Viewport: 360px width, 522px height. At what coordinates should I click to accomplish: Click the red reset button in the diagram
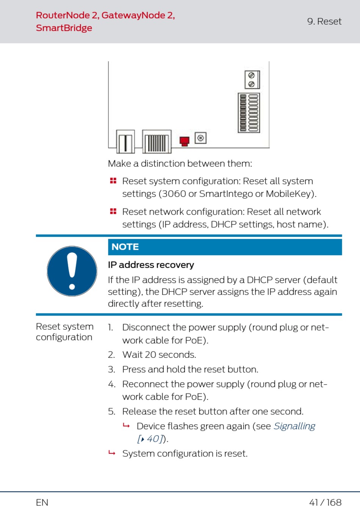184,141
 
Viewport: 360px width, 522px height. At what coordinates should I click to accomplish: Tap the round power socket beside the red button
200,138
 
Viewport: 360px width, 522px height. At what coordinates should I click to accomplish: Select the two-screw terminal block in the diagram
252,80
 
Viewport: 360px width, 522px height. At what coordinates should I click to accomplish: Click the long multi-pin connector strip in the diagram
249,113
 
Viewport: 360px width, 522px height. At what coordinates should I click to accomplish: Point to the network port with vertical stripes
157,142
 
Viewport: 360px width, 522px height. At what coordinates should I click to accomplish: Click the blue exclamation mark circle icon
72,271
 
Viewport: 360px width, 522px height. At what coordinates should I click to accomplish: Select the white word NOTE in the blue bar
125,247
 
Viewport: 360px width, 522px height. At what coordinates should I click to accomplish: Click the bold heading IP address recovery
151,265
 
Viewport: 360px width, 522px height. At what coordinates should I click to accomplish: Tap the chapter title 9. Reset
324,21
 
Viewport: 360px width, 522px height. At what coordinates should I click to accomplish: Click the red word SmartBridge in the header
64,28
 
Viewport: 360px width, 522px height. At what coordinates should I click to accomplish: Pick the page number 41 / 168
325,502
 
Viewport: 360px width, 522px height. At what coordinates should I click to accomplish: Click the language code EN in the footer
42,502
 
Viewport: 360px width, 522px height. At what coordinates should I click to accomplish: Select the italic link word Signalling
294,426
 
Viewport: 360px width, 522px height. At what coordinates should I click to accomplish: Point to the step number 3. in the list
111,369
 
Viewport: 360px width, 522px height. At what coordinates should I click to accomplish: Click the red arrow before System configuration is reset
112,453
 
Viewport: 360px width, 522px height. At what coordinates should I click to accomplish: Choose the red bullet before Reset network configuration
113,211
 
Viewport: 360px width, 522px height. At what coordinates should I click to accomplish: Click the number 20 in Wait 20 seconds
150,354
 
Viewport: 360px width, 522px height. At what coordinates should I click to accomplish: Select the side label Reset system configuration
64,332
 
